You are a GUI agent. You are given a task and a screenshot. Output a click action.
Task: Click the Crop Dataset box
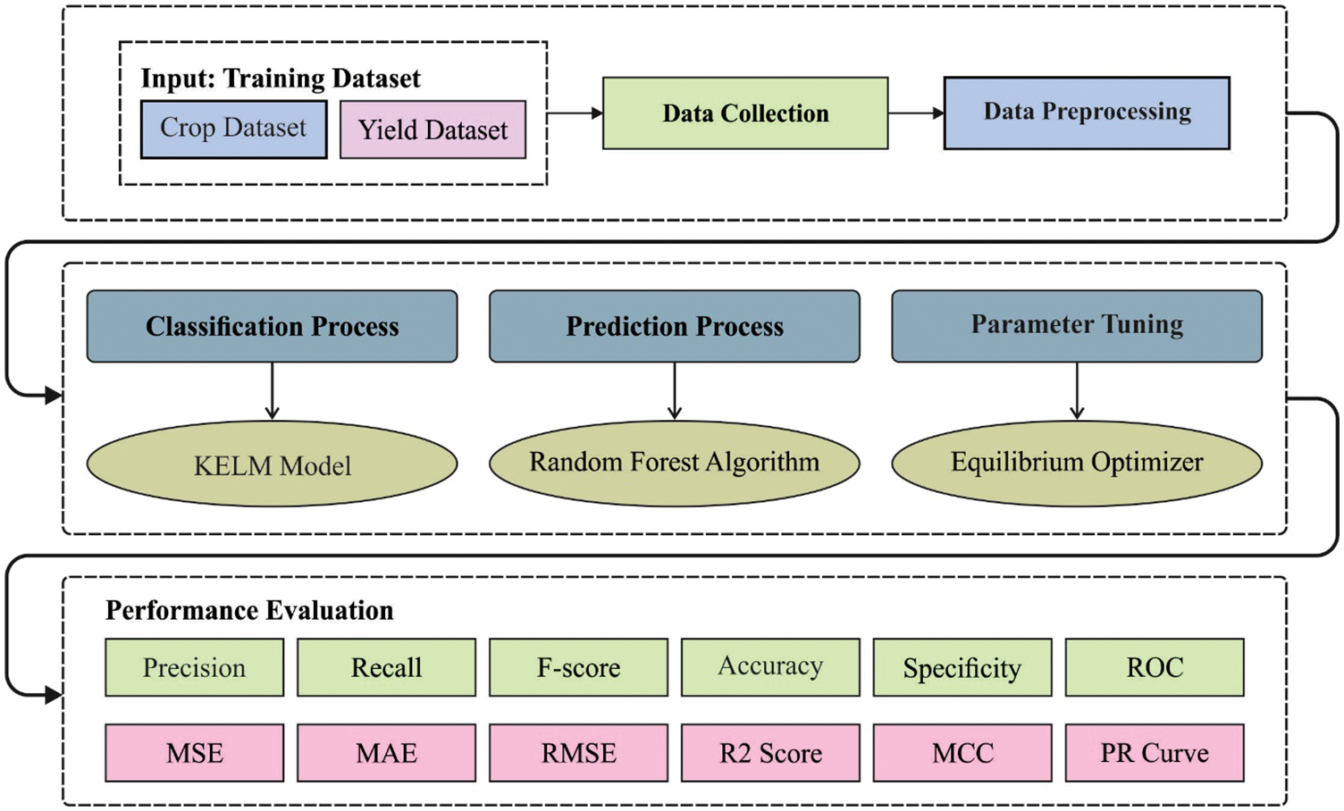(x=233, y=129)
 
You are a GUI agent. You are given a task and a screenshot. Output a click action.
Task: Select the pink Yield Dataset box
(x=433, y=130)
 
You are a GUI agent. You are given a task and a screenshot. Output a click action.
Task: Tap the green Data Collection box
(x=745, y=113)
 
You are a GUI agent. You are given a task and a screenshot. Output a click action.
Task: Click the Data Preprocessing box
(x=1087, y=113)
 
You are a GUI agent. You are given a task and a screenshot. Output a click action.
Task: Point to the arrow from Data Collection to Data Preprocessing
(x=916, y=113)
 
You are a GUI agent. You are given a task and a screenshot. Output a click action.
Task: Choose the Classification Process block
(x=272, y=326)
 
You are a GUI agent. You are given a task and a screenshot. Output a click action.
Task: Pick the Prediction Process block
(x=675, y=326)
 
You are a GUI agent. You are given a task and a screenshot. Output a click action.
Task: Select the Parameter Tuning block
(x=1077, y=326)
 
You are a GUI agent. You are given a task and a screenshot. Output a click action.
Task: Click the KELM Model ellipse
(x=272, y=464)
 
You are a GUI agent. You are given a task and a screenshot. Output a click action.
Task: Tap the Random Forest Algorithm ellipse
(x=675, y=463)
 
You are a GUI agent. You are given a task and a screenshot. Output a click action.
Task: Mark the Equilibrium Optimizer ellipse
(x=1077, y=463)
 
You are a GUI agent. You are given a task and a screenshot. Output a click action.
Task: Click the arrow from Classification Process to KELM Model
(x=272, y=391)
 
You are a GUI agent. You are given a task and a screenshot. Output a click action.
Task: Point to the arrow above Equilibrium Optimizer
(x=1077, y=391)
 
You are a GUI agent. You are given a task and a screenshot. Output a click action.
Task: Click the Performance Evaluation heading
(x=249, y=611)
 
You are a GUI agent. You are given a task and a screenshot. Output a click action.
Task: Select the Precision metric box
(x=194, y=667)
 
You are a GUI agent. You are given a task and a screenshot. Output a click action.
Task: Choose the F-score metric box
(x=578, y=667)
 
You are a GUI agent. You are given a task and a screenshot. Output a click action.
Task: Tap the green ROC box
(x=1155, y=667)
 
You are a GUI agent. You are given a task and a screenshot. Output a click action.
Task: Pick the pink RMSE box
(x=578, y=753)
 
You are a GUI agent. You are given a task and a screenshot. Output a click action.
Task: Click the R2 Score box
(x=770, y=753)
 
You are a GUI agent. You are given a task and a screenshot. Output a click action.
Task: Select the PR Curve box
(x=1155, y=753)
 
